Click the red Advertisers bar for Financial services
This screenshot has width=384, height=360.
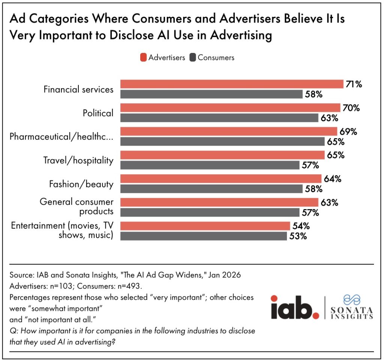click(x=232, y=84)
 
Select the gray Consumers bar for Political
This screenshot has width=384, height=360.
click(x=219, y=118)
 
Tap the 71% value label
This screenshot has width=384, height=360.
click(x=354, y=84)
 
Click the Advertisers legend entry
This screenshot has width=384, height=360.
click(x=163, y=57)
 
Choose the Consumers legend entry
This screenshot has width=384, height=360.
click(x=212, y=57)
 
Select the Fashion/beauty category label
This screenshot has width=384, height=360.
click(x=81, y=184)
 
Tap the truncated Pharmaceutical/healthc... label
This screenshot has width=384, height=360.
click(x=61, y=137)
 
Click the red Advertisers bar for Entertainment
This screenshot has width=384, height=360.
click(x=205, y=226)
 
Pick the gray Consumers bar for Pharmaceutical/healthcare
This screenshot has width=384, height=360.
click(x=222, y=142)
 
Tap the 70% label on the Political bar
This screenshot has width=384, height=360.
click(x=351, y=108)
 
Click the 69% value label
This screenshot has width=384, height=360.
click(x=348, y=131)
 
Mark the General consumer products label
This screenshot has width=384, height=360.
click(x=76, y=207)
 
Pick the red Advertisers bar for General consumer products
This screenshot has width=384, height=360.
click(x=219, y=202)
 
